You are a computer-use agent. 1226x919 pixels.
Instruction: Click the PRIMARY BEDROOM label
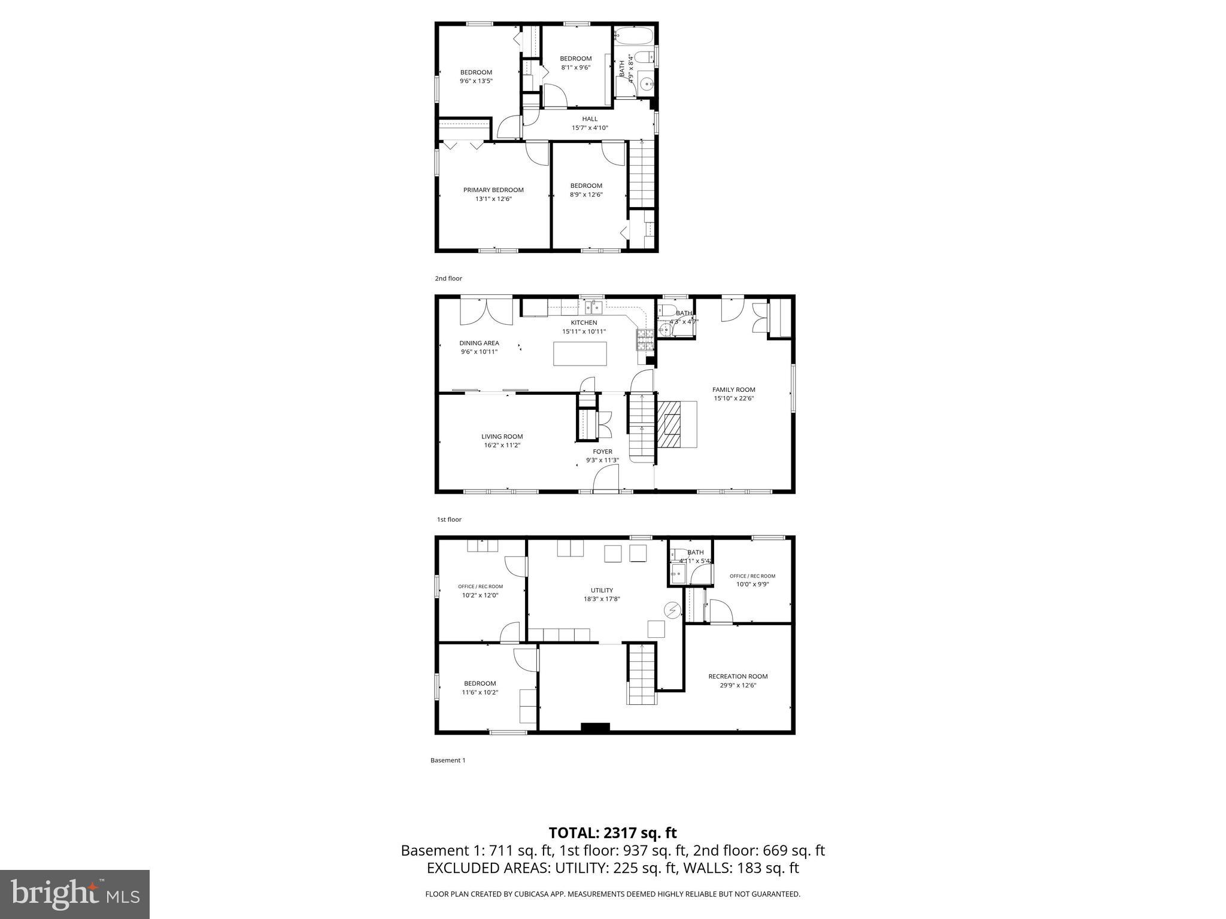pyautogui.click(x=493, y=190)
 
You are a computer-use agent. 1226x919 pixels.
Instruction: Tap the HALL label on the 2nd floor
pyautogui.click(x=590, y=119)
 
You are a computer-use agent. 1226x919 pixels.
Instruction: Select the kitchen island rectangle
pyautogui.click(x=579, y=354)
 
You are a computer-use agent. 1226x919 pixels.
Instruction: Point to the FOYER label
pyautogui.click(x=602, y=452)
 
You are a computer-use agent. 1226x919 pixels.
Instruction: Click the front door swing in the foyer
pyautogui.click(x=606, y=479)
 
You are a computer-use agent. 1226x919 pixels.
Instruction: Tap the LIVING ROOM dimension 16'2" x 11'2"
pyautogui.click(x=502, y=445)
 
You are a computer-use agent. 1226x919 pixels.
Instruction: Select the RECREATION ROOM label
pyautogui.click(x=738, y=677)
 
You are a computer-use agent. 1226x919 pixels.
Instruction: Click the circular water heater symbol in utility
pyautogui.click(x=672, y=610)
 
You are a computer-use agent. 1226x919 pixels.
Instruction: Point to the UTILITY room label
pyautogui.click(x=602, y=591)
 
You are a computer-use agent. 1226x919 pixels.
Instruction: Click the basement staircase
pyautogui.click(x=642, y=674)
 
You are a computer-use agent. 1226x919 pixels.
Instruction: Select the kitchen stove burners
pyautogui.click(x=645, y=340)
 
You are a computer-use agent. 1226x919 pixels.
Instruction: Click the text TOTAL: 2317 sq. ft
pyautogui.click(x=612, y=833)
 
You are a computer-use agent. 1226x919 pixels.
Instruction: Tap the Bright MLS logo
pyautogui.click(x=75, y=894)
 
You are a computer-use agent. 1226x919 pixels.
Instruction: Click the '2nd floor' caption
pyautogui.click(x=448, y=278)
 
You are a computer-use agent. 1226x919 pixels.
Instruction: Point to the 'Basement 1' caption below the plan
pyautogui.click(x=448, y=760)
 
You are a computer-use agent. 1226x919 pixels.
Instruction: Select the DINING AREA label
pyautogui.click(x=479, y=343)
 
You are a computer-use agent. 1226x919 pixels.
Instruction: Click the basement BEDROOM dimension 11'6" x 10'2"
pyautogui.click(x=480, y=692)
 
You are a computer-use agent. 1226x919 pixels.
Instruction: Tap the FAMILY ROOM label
pyautogui.click(x=733, y=389)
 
